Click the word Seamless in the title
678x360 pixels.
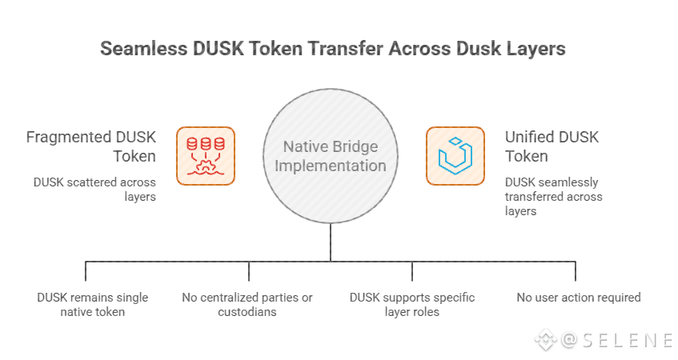[x=144, y=49]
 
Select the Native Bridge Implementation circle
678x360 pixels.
[x=331, y=156]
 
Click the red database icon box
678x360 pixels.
[x=206, y=156]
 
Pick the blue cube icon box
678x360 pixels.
[x=455, y=156]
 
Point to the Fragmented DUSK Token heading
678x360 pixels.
[x=90, y=146]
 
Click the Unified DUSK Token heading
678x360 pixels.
[x=552, y=146]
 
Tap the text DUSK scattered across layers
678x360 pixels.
[x=94, y=190]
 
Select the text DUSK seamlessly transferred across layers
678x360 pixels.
[x=553, y=197]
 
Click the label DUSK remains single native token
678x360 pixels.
[x=93, y=305]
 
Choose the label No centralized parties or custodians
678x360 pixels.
[x=247, y=305]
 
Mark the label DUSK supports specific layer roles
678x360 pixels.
[x=412, y=305]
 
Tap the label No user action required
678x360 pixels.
[x=579, y=298]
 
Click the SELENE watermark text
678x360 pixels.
[x=627, y=340]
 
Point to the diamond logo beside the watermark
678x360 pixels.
[x=546, y=340]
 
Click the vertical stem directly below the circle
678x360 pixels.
[x=331, y=242]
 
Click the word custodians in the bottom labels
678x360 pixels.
[x=247, y=312]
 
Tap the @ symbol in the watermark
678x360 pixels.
[x=569, y=340]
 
